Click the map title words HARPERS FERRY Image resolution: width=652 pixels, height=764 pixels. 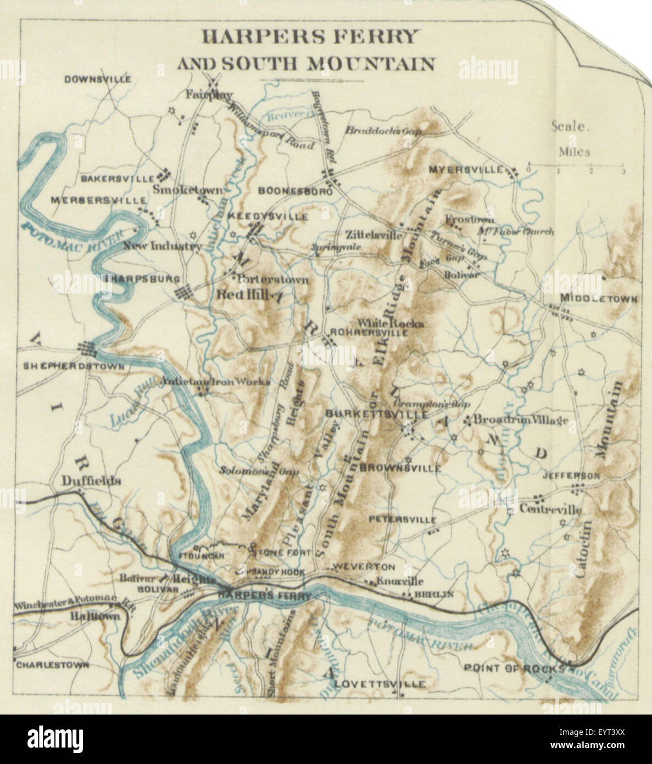pyautogui.click(x=310, y=37)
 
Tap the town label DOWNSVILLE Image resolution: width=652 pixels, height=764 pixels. pyautogui.click(x=97, y=79)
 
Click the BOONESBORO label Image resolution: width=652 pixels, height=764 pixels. pyautogui.click(x=296, y=192)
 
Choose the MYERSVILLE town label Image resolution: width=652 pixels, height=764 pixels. pyautogui.click(x=466, y=169)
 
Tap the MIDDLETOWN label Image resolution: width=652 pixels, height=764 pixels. pyautogui.click(x=599, y=299)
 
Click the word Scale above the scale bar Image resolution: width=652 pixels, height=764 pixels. pyautogui.click(x=570, y=126)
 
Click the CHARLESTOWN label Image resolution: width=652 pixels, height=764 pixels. pyautogui.click(x=52, y=665)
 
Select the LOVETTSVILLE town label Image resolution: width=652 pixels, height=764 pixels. pyautogui.click(x=380, y=684)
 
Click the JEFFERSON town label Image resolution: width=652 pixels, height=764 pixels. pyautogui.click(x=571, y=475)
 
